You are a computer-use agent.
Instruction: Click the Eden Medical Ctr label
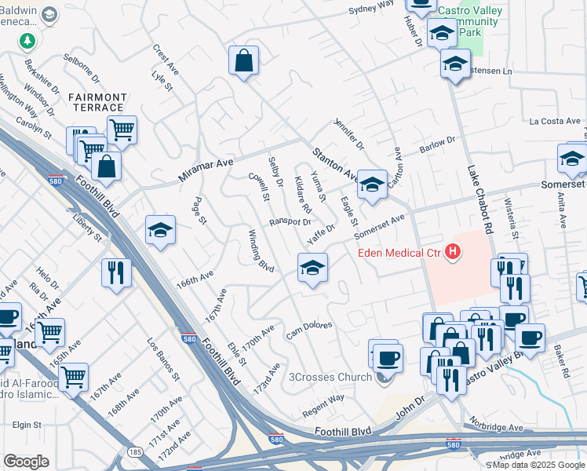tap(399, 253)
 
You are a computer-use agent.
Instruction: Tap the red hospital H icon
tap(452, 252)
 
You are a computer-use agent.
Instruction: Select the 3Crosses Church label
tap(330, 378)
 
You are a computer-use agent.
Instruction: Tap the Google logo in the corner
tap(27, 462)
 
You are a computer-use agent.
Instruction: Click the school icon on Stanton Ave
tap(373, 184)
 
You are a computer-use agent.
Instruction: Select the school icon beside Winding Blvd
tap(312, 268)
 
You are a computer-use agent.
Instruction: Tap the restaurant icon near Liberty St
tap(116, 272)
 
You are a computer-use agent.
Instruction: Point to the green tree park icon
tap(28, 40)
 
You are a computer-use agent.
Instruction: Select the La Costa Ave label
tap(553, 122)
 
